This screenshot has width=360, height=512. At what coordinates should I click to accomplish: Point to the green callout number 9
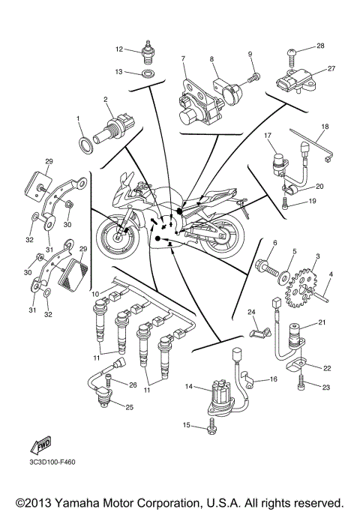click(x=251, y=55)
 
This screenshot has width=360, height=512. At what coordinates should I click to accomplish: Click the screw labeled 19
click(x=289, y=201)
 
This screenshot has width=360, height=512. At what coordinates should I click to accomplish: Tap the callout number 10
click(x=95, y=294)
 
